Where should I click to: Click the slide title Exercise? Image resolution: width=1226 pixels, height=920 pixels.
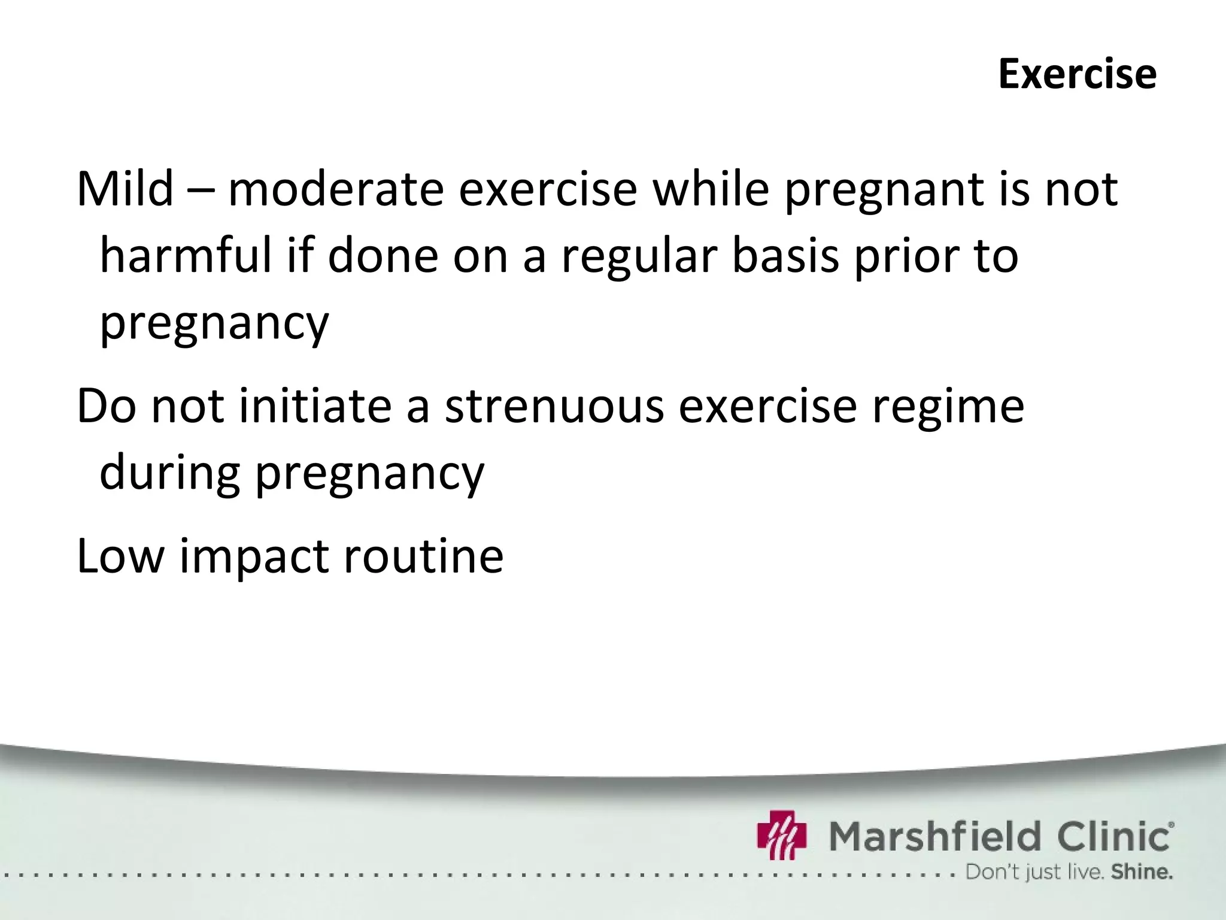point(1077,75)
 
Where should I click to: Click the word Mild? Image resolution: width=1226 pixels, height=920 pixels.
point(125,189)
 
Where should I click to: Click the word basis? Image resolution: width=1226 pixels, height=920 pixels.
point(786,256)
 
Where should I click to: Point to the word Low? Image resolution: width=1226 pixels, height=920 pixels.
point(120,556)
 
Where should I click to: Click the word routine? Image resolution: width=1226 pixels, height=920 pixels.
point(423,556)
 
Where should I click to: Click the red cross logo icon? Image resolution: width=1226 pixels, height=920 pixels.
point(781,834)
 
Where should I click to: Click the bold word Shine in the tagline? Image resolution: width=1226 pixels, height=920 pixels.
point(1142,872)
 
